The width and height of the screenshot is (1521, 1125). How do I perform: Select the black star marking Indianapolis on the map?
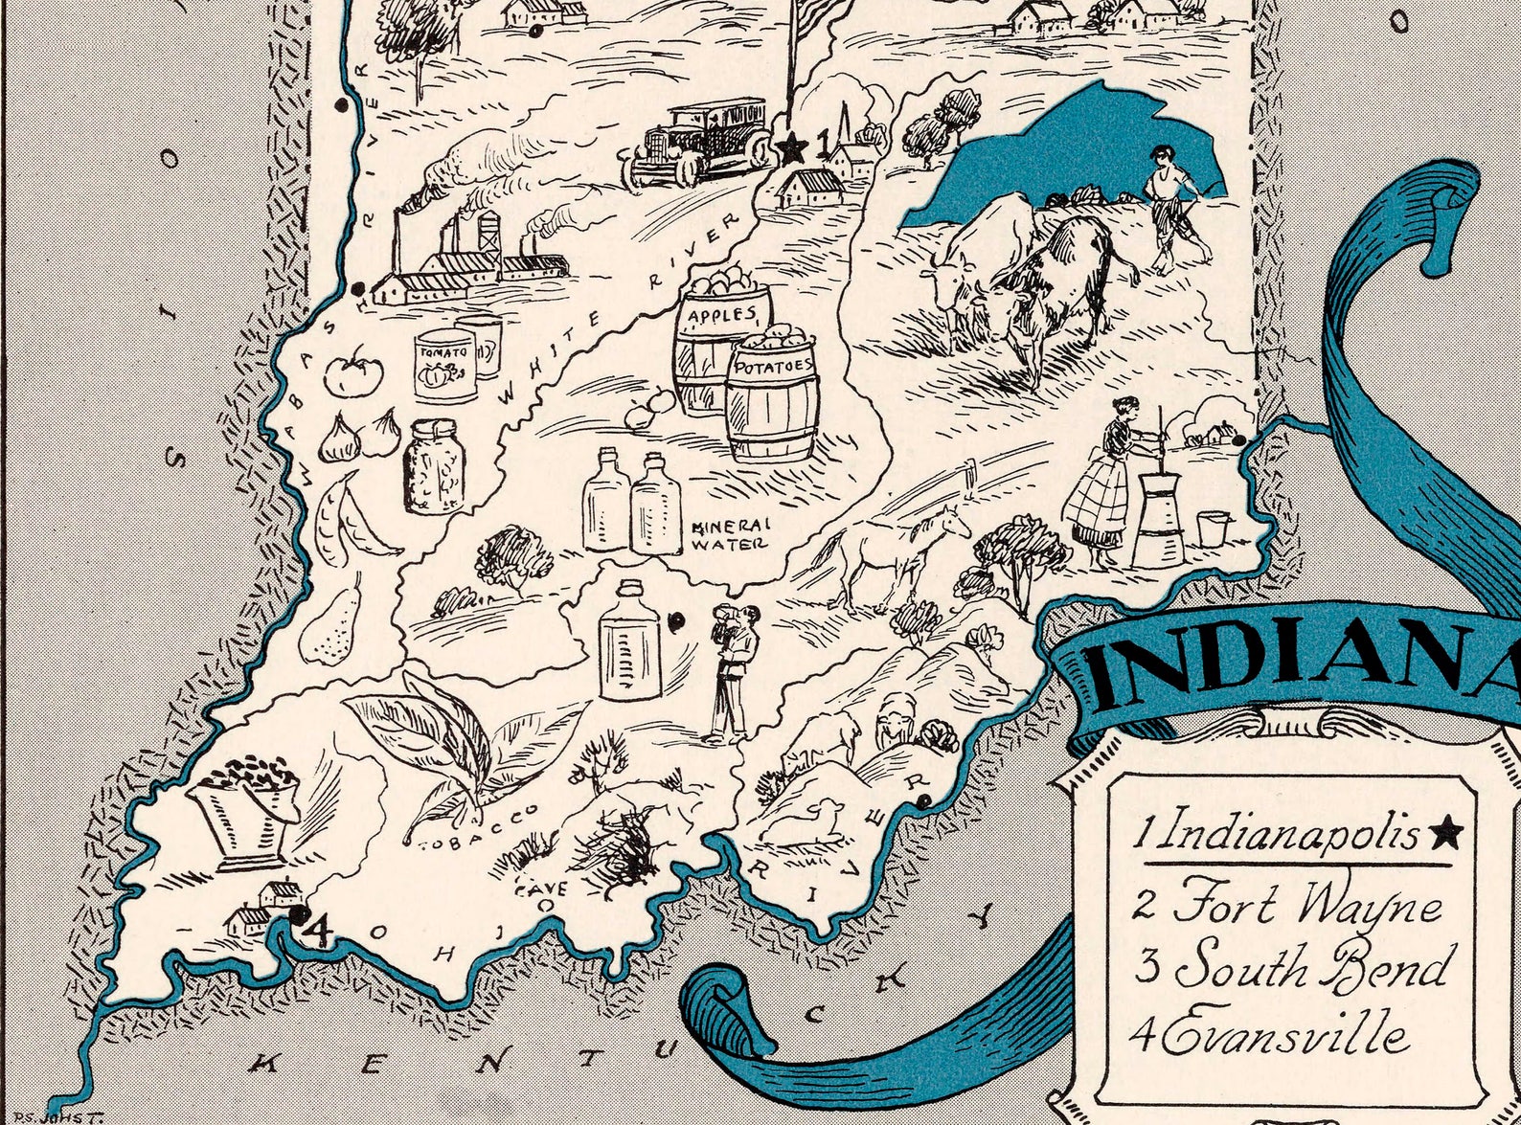coord(792,147)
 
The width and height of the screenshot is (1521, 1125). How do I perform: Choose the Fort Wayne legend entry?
coord(1288,905)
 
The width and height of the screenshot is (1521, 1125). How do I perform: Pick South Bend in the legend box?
coord(1293,967)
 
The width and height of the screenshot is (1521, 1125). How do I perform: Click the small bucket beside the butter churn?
coord(1212,528)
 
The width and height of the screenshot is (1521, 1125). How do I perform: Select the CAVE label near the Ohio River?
coord(542,888)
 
